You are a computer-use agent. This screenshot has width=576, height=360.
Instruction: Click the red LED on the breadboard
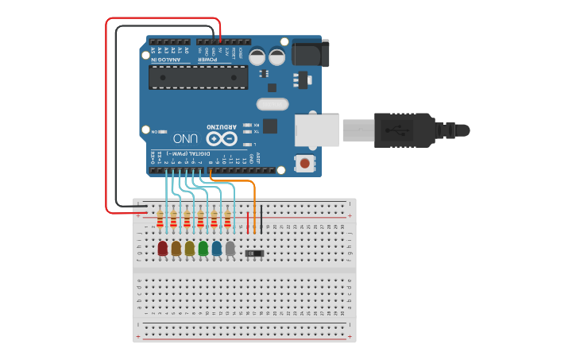tap(163, 249)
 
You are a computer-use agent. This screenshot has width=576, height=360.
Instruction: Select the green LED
tap(203, 249)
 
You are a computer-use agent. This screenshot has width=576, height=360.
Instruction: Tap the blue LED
tap(217, 249)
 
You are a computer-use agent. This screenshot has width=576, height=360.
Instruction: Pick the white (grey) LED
tap(230, 249)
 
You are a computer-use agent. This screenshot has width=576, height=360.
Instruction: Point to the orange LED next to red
tap(176, 249)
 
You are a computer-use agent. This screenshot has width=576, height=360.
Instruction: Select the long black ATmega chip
tap(199, 77)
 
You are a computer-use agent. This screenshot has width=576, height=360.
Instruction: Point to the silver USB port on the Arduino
tap(318, 130)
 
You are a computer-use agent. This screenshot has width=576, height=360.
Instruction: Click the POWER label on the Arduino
tap(207, 59)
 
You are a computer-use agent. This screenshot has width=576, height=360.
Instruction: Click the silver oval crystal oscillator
tap(273, 103)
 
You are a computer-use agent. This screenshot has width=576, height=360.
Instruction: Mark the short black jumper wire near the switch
tap(261, 219)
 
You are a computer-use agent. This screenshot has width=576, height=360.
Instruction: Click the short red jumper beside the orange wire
tap(248, 222)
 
